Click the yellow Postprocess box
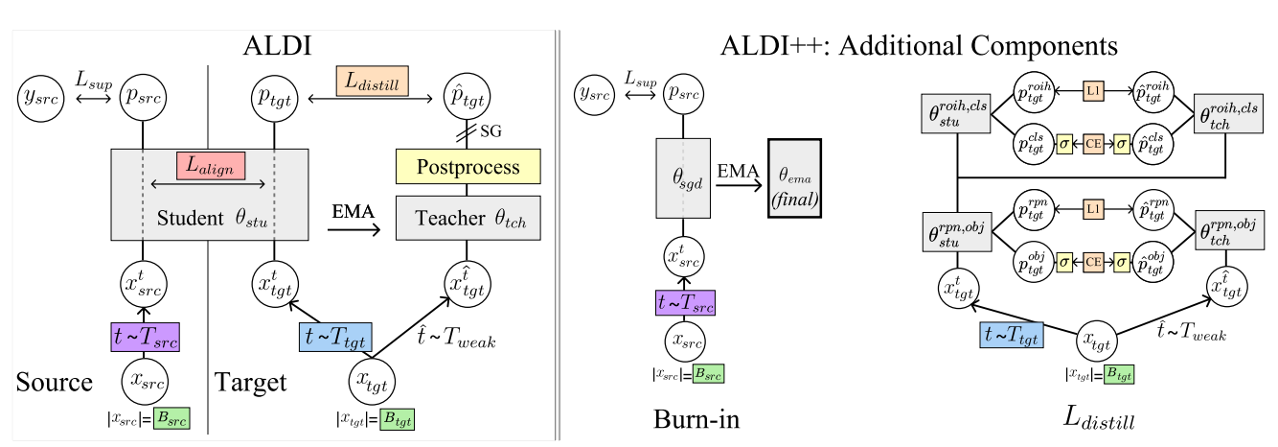469,167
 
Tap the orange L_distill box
373,82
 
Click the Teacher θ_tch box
469,218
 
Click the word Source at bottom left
55,383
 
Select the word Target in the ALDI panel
250,383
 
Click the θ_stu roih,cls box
957,112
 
